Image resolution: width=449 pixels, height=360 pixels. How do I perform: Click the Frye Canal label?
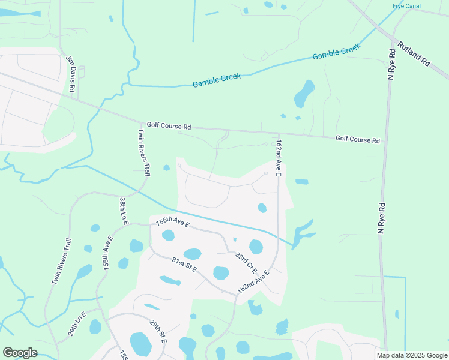tap(406, 5)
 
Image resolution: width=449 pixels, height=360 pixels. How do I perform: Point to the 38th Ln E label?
tap(124, 211)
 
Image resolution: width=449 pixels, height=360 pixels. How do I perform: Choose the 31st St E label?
tap(185, 265)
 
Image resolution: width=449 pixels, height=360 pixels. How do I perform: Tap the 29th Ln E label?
tap(77, 323)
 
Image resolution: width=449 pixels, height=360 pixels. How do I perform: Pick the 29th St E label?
tap(158, 332)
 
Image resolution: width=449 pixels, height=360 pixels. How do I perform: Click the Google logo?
tap(20, 353)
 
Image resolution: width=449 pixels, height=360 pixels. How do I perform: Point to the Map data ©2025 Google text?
tap(411, 355)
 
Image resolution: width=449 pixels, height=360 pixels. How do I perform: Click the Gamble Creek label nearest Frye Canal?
tap(336, 52)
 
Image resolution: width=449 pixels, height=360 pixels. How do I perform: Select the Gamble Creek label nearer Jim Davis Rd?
tap(216, 80)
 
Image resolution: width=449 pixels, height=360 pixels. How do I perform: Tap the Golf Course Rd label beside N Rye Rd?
tap(358, 140)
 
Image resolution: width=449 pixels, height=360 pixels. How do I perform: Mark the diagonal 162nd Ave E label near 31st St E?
tap(253, 281)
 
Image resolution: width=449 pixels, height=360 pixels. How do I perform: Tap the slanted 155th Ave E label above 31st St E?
tap(172, 224)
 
